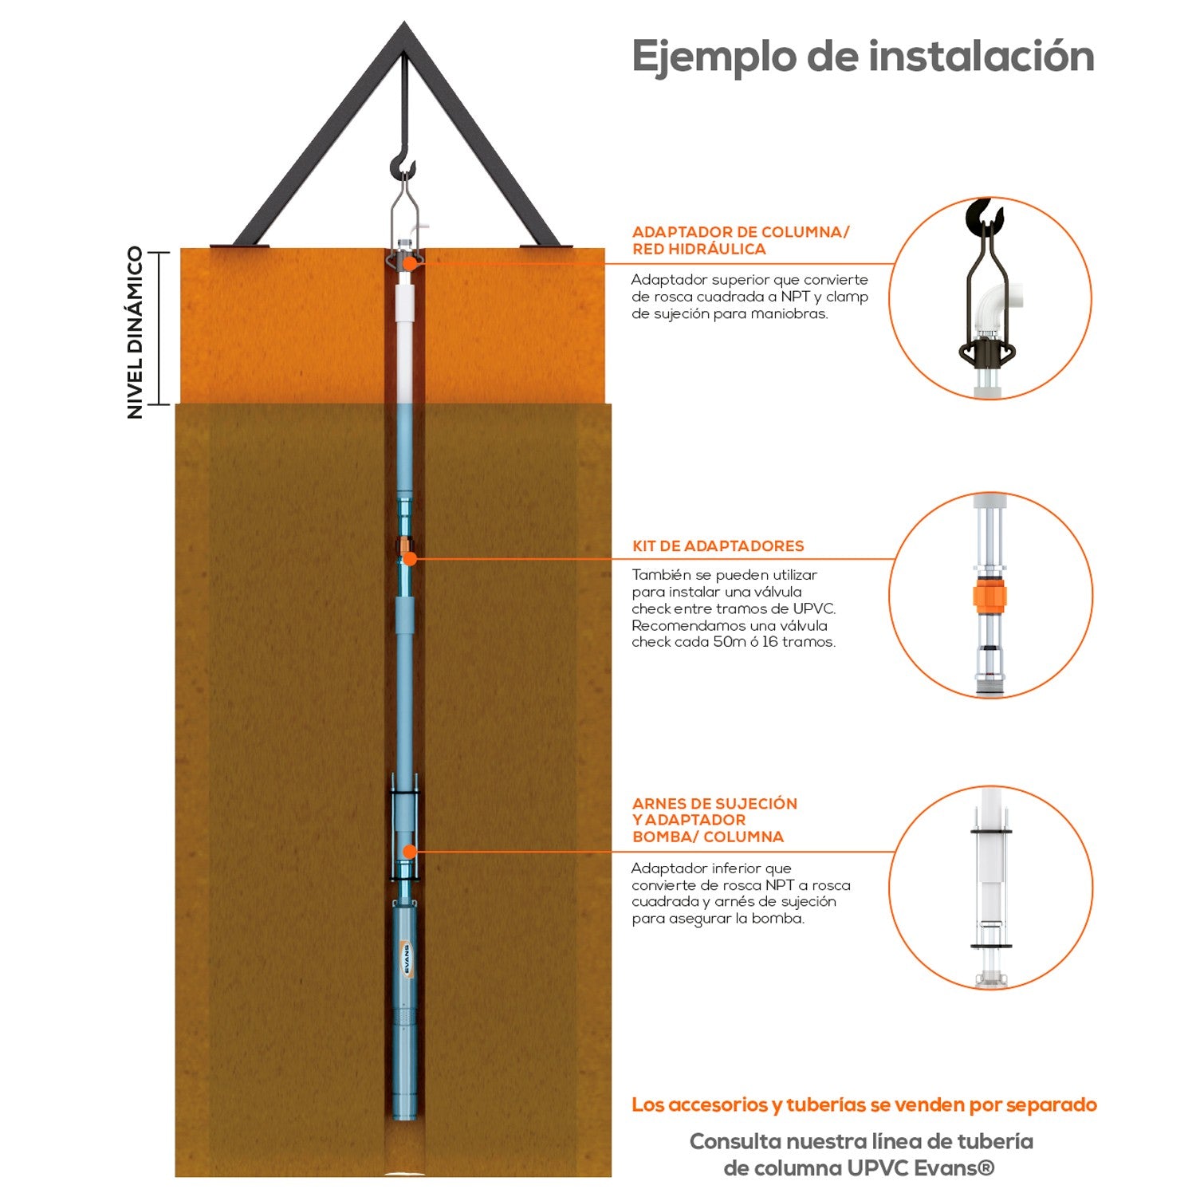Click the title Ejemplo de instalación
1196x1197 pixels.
click(863, 56)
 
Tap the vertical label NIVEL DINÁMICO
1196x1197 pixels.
click(136, 332)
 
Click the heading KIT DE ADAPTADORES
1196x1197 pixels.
click(718, 546)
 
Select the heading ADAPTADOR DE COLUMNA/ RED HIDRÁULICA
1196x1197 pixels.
click(740, 240)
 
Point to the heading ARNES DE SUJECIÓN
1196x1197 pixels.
click(714, 804)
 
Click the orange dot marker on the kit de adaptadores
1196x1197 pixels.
click(409, 559)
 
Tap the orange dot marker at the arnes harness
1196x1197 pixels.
click(409, 852)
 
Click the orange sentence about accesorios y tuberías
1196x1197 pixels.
click(864, 1105)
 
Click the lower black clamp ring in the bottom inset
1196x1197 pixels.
click(991, 947)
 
